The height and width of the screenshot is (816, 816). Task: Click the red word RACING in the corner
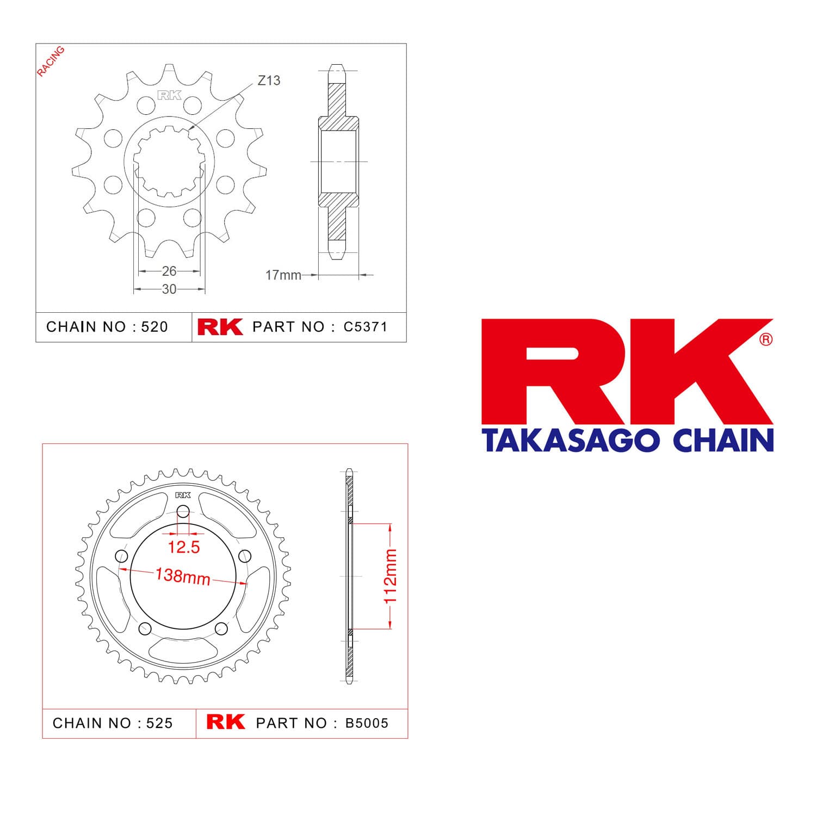click(51, 61)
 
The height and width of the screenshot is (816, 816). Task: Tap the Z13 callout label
click(269, 81)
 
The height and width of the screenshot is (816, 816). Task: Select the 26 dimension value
click(169, 270)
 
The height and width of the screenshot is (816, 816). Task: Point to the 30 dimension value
click(169, 289)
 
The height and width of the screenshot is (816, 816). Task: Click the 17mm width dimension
click(283, 275)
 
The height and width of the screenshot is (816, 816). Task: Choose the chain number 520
click(154, 327)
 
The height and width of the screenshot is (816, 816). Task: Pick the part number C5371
click(366, 327)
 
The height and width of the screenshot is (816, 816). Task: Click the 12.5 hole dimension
click(184, 547)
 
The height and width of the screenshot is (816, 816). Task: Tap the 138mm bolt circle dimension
click(183, 576)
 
